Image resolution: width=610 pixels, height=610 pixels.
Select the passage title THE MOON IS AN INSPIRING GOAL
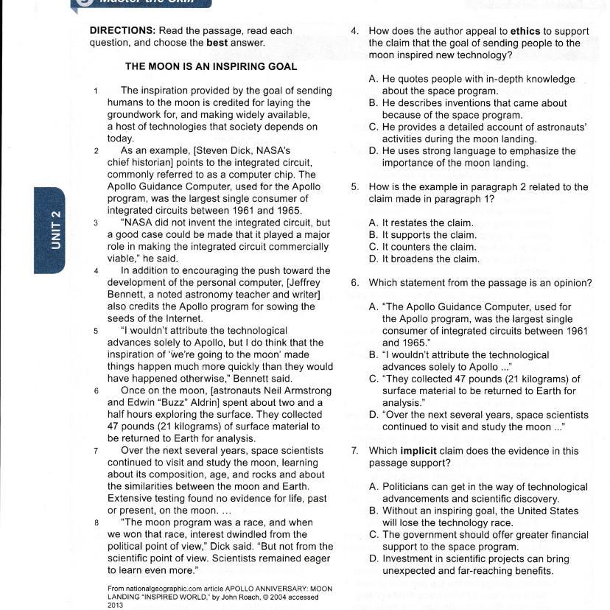point(211,66)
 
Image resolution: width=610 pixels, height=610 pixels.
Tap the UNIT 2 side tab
point(56,230)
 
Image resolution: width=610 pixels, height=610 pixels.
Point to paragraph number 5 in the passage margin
point(97,331)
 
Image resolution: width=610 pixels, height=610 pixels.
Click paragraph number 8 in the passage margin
point(97,523)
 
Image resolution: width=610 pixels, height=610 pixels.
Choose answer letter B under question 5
point(374,235)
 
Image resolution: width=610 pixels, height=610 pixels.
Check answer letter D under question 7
point(374,559)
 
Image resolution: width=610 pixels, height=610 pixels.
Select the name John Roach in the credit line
point(270,597)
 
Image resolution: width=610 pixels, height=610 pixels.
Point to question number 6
point(354,283)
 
